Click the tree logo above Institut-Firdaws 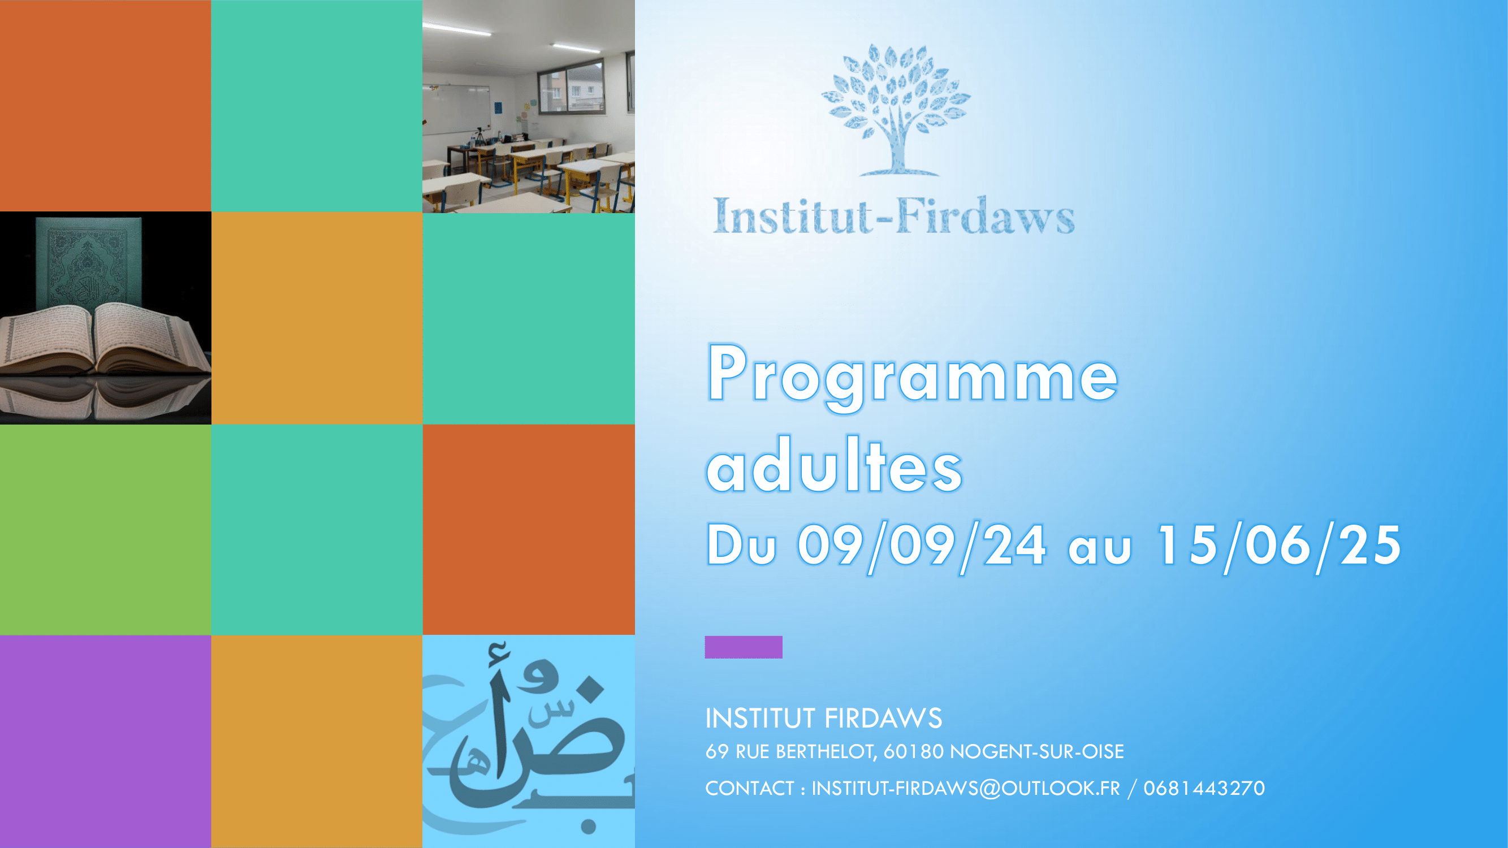click(895, 110)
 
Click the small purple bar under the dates click(744, 647)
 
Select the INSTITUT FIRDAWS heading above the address click(824, 718)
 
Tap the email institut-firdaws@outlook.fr click(965, 788)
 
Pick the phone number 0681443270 click(1204, 788)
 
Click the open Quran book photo click(105, 318)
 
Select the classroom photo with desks click(529, 106)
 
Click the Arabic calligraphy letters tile click(529, 742)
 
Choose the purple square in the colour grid click(105, 742)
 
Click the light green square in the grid click(105, 530)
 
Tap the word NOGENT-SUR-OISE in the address click(1037, 751)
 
